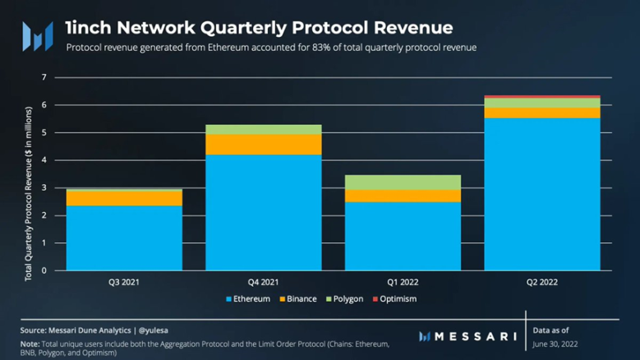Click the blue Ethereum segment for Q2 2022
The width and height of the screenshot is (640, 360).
[541, 194]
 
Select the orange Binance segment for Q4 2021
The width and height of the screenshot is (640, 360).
[263, 145]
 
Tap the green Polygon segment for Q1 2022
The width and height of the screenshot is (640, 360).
[403, 182]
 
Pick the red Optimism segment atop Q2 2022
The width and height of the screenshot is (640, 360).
[541, 97]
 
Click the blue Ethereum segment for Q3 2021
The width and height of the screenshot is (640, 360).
[124, 238]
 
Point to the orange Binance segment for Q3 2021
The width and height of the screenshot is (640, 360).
[124, 198]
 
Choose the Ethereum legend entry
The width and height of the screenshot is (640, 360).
[247, 299]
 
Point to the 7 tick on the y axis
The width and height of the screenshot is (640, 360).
[44, 78]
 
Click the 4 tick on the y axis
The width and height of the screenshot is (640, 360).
[44, 161]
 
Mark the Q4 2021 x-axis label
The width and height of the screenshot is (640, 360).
[263, 282]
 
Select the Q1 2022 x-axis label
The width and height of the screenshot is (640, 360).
[403, 282]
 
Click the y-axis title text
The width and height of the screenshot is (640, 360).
[29, 193]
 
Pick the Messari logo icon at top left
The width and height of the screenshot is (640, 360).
[37, 36]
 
